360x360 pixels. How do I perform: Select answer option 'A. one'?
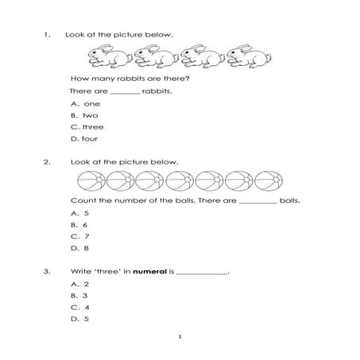click(83, 103)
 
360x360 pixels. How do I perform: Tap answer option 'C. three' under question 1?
click(87, 127)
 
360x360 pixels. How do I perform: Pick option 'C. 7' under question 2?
click(80, 236)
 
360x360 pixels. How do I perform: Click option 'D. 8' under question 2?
click(80, 248)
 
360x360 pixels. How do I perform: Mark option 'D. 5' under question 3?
click(80, 319)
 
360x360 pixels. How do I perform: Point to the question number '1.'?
click(48, 34)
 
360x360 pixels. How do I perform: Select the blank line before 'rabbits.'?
click(125, 92)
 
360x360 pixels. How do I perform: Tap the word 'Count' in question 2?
click(81, 200)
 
